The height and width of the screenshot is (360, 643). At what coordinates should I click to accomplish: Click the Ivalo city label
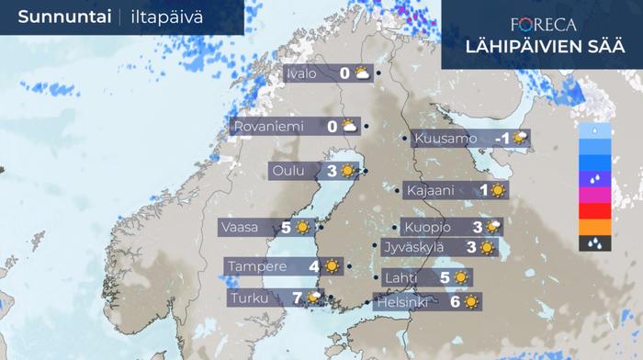[303, 73]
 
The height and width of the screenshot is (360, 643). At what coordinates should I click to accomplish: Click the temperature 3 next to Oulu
[332, 171]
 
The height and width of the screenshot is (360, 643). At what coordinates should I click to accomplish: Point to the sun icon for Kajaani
[498, 191]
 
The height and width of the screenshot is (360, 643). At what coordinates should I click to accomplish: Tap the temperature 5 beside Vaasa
[286, 227]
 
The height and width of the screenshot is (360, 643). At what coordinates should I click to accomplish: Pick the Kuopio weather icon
[493, 227]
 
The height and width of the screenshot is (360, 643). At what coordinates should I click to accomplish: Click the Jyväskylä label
[413, 247]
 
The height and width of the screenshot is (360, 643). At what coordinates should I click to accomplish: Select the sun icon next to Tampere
[331, 267]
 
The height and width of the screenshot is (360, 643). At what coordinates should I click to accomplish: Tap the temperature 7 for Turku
[297, 298]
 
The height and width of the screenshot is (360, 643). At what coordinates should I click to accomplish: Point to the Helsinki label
[402, 301]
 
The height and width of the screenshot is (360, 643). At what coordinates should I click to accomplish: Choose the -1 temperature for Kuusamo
[502, 140]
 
